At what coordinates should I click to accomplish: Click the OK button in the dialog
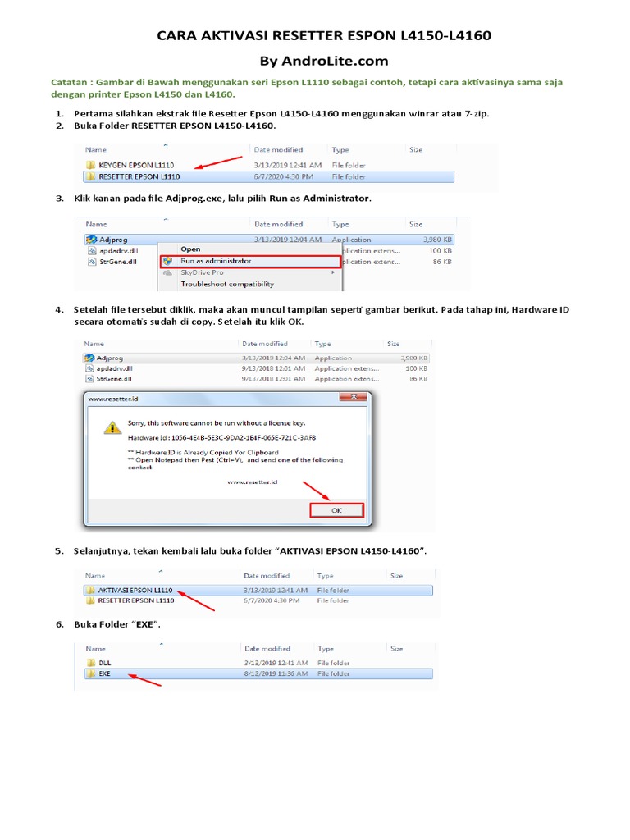click(336, 509)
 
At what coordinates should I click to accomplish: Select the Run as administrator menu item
click(216, 261)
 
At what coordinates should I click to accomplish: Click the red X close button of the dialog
click(354, 398)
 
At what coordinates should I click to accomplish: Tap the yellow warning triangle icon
click(110, 427)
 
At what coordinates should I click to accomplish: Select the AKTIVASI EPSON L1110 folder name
click(135, 590)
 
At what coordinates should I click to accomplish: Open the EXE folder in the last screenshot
click(104, 673)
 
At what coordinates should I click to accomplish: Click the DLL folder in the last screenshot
click(104, 662)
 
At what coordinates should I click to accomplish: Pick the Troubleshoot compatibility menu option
click(227, 284)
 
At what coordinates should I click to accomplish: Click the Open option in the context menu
click(190, 249)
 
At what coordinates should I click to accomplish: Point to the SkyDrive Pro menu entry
click(202, 272)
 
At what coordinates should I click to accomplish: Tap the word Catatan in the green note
click(70, 83)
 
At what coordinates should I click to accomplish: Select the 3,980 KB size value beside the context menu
click(436, 239)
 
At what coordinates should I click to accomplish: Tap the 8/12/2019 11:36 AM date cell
click(276, 673)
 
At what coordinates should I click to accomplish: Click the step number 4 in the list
click(59, 309)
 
